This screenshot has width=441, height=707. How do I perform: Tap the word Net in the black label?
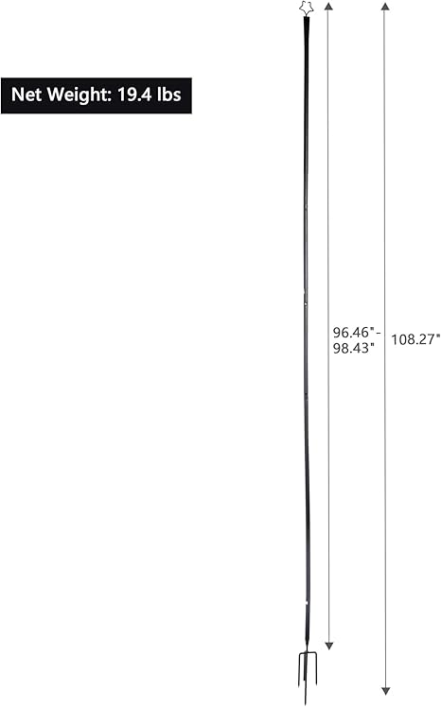coord(26,95)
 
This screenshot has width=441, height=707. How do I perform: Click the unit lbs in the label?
coord(169,95)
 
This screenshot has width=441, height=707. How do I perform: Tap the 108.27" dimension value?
coord(415,339)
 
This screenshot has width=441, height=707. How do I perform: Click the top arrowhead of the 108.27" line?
coord(385,6)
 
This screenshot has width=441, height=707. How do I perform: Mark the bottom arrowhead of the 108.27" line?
coord(385,691)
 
